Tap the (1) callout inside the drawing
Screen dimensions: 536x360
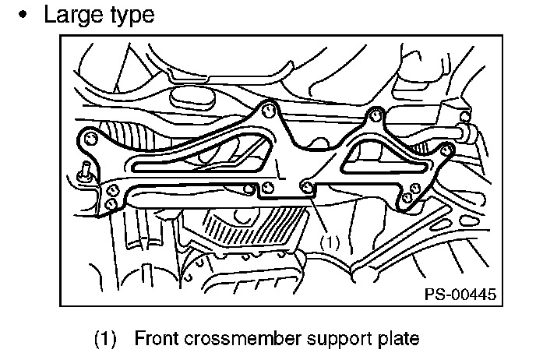click(330, 242)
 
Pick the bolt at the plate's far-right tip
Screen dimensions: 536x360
click(446, 148)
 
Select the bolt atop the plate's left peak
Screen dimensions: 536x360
click(268, 108)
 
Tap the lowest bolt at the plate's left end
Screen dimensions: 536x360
click(111, 203)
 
